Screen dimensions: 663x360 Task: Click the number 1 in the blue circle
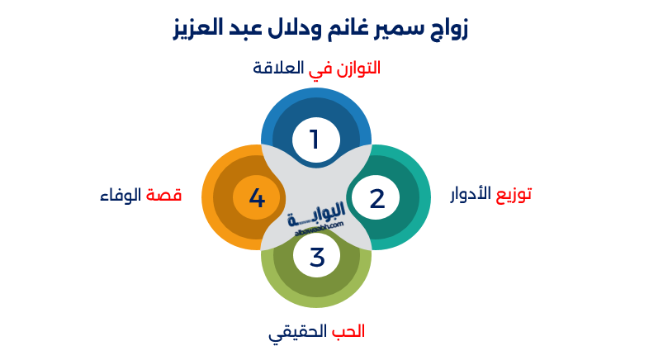pos(314,140)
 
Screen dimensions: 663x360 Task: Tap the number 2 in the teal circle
pos(377,198)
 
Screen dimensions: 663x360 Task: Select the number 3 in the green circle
pos(317,258)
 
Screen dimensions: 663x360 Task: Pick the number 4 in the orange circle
pos(257,197)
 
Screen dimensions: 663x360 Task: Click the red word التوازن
pos(358,69)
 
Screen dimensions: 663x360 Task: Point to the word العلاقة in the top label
pos(278,68)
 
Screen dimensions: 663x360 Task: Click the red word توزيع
pos(514,195)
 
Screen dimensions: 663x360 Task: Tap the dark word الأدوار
pos(471,194)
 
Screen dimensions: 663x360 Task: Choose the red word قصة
pos(163,196)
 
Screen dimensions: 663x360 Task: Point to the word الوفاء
pos(121,195)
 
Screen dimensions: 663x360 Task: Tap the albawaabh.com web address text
pos(319,230)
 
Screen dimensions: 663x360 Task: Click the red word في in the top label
pos(320,70)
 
